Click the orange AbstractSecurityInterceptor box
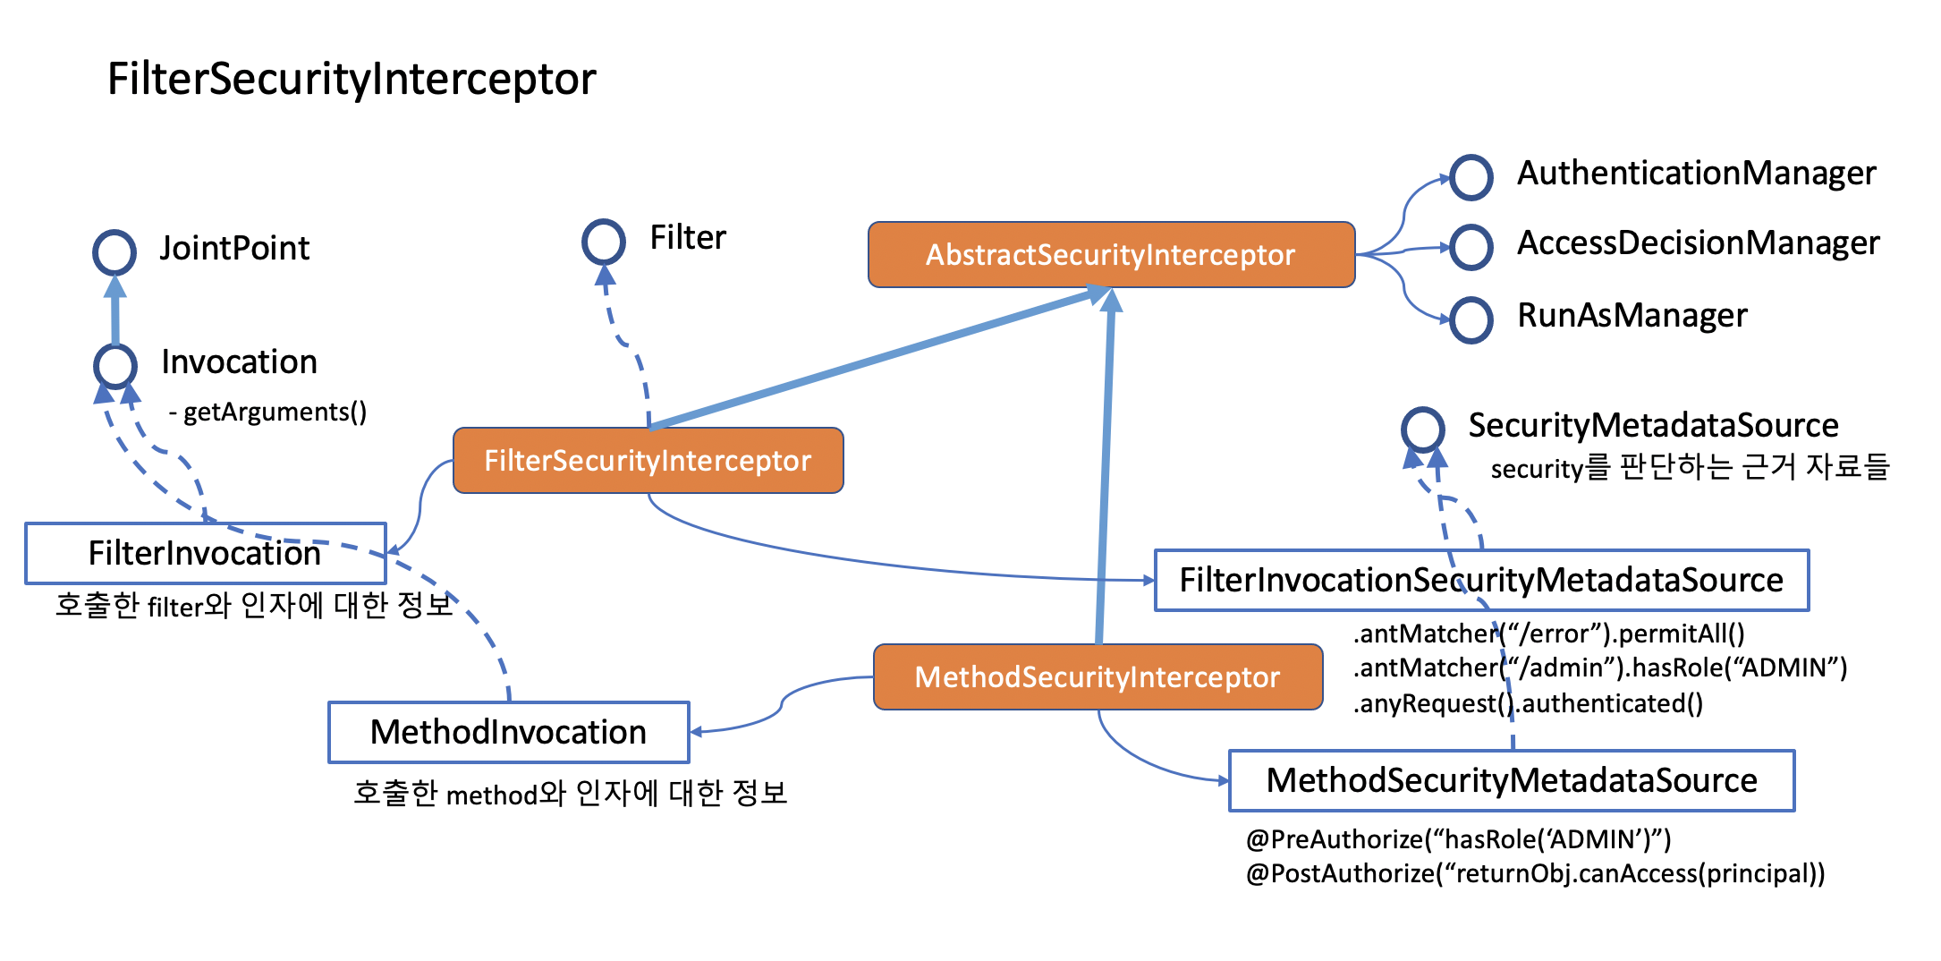(x=1111, y=255)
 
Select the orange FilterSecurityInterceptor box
(x=648, y=461)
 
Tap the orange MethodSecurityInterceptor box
(x=1098, y=677)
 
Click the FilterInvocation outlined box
(x=205, y=554)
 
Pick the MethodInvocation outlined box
(x=508, y=733)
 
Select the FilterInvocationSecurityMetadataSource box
(x=1481, y=581)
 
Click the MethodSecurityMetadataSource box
(x=1512, y=781)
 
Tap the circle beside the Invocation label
(x=115, y=365)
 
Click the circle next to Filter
(x=604, y=242)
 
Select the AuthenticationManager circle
(x=1471, y=177)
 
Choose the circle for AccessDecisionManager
(x=1471, y=247)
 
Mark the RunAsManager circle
(x=1471, y=319)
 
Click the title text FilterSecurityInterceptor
(x=352, y=79)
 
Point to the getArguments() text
(x=268, y=412)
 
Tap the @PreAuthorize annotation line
(x=1458, y=839)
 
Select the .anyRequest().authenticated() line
(x=1528, y=704)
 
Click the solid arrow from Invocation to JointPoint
(x=114, y=310)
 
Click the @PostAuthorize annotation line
(x=1535, y=873)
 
